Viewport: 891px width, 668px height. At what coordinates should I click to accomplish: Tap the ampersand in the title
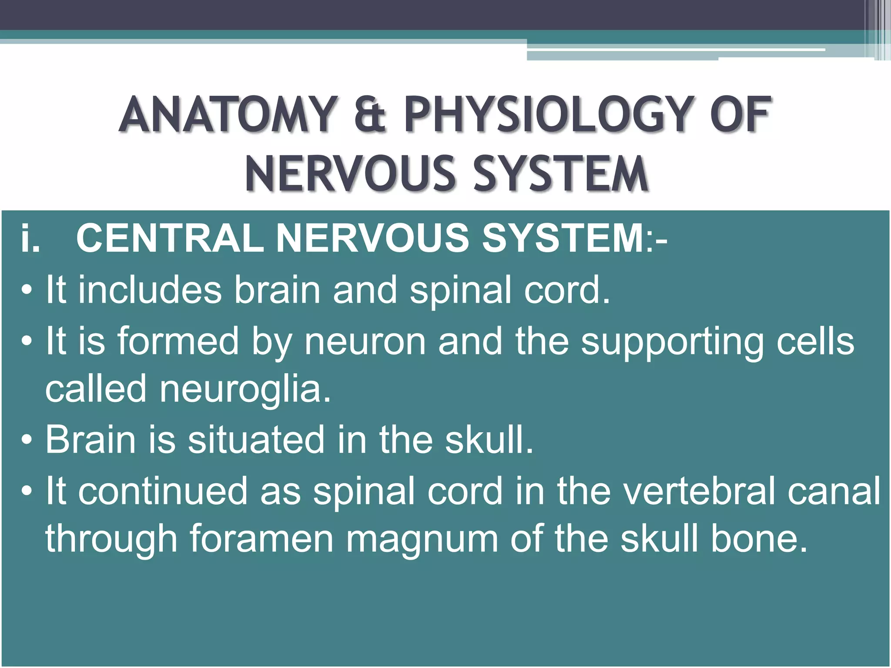(370, 115)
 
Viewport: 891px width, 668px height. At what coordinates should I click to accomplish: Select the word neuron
(365, 341)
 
